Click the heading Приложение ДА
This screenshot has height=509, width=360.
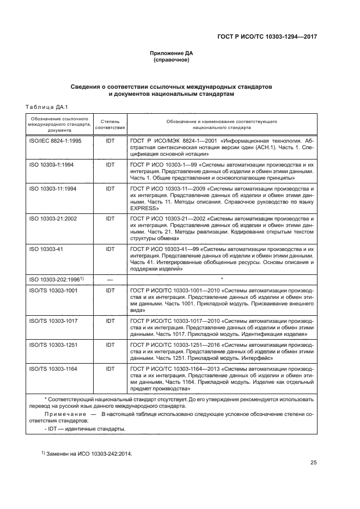(x=172, y=53)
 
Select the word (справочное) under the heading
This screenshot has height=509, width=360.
(x=172, y=60)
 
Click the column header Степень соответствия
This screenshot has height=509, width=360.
(x=111, y=122)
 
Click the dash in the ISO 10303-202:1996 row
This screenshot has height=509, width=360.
(x=111, y=279)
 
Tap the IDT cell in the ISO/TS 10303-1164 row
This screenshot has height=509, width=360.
(x=111, y=369)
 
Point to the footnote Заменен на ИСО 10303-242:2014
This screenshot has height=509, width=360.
(x=88, y=453)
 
